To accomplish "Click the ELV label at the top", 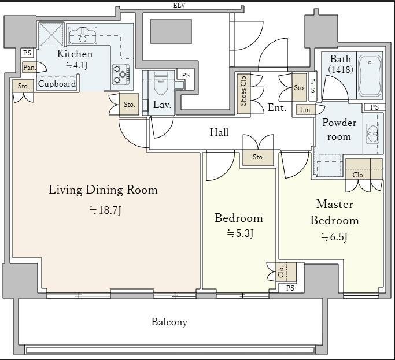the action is click(x=179, y=5).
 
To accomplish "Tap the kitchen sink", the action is click(x=82, y=35).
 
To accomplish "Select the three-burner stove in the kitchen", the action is click(x=121, y=74).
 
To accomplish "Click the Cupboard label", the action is click(x=57, y=84).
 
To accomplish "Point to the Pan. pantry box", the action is click(x=29, y=68).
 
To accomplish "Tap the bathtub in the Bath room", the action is click(x=370, y=76).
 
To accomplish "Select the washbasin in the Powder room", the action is click(x=372, y=133).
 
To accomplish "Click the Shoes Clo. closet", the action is click(x=243, y=94).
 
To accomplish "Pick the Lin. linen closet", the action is click(x=306, y=110).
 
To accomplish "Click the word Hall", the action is click(x=219, y=132).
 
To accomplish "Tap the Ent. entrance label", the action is click(x=277, y=107).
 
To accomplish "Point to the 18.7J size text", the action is click(x=105, y=210).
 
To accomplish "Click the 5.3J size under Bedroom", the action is click(x=240, y=233).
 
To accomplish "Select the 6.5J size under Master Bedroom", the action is click(x=334, y=237).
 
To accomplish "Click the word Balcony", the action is click(x=169, y=322).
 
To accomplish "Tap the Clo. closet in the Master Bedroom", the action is click(x=364, y=169).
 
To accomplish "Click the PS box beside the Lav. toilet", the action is click(x=186, y=75).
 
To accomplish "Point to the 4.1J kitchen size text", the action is click(x=77, y=65).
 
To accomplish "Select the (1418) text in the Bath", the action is click(x=341, y=69).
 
